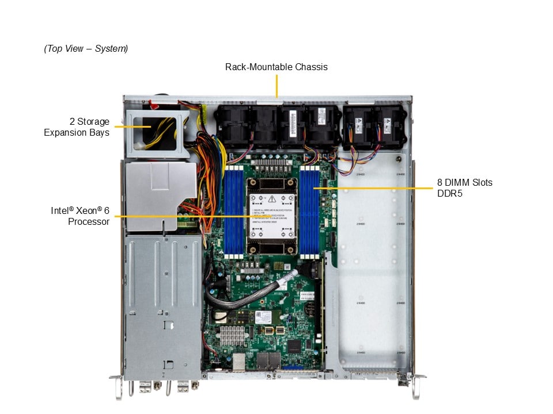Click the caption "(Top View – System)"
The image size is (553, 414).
pos(86,49)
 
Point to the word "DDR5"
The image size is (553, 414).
pos(450,194)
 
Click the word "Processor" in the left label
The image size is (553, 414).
pos(89,221)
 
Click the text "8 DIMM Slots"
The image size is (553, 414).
pos(465,183)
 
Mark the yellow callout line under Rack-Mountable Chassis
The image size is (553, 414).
pos(276,87)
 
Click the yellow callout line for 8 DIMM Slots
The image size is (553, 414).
pos(374,188)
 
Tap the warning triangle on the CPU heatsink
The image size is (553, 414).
pos(271,198)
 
